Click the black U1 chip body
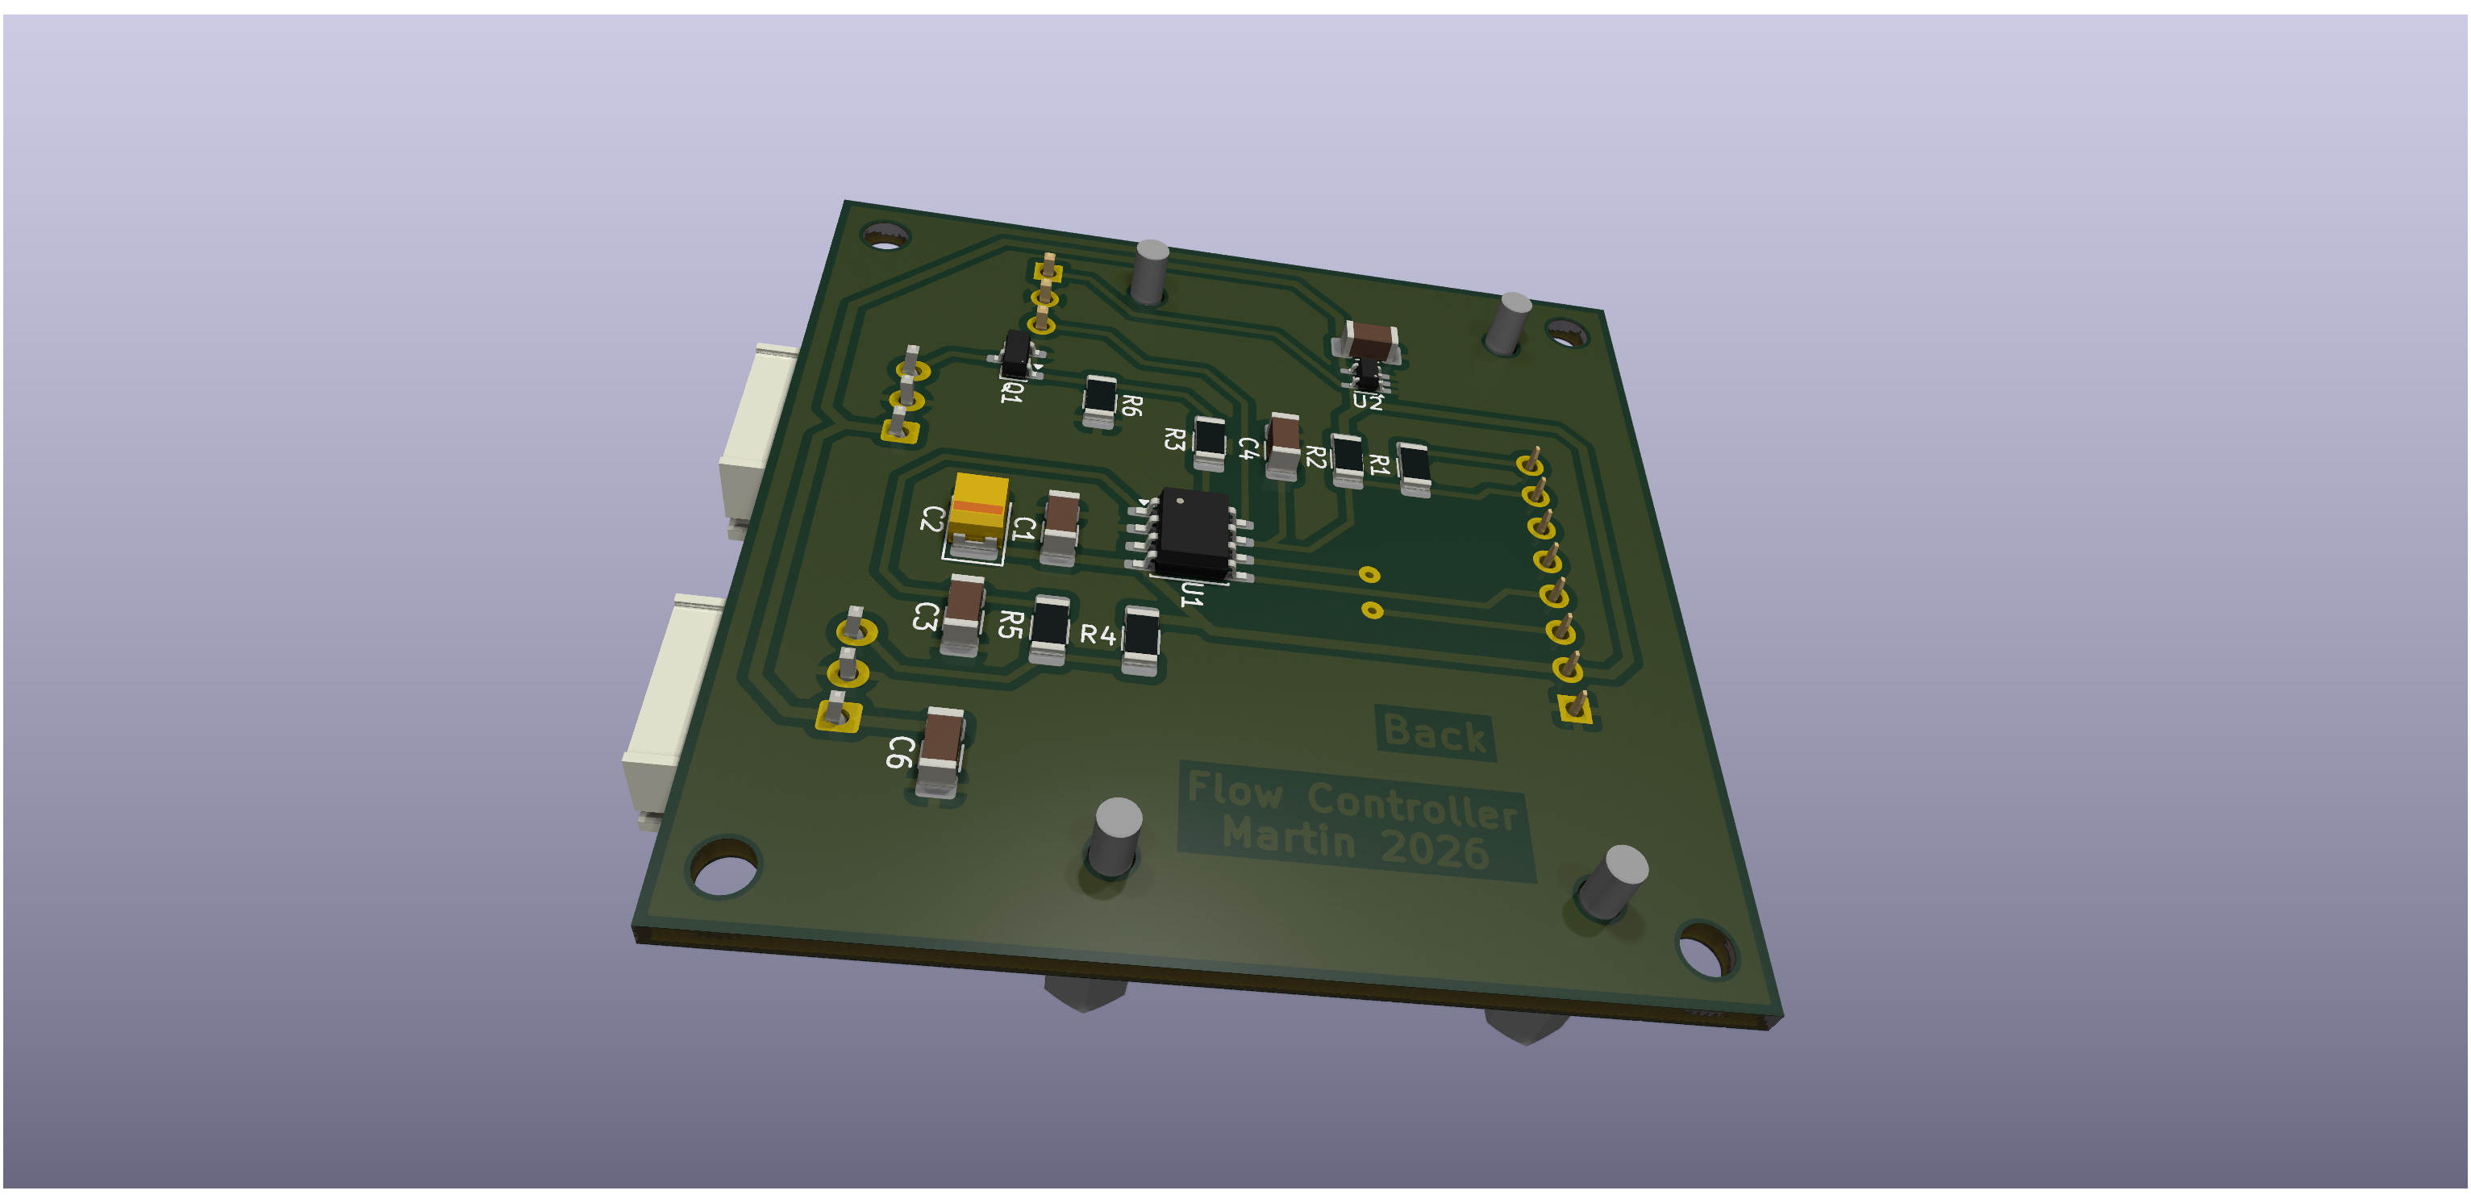click(x=1194, y=534)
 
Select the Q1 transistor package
click(x=1016, y=353)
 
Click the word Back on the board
click(x=1435, y=734)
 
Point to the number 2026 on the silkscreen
click(x=1435, y=849)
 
